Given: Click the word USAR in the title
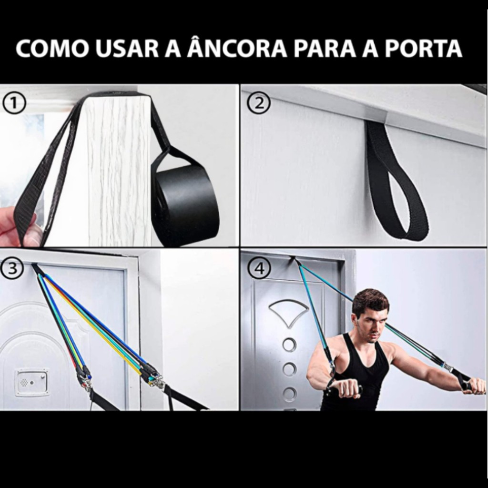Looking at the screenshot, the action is [127, 49].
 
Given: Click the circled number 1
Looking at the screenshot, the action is [14, 103].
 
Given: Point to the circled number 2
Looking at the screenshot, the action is [259, 103].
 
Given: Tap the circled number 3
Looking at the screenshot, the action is [12, 268].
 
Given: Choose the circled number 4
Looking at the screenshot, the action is [259, 268].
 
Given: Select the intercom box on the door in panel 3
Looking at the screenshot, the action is [32, 382].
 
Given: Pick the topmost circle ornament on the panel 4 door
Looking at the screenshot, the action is [289, 345].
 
